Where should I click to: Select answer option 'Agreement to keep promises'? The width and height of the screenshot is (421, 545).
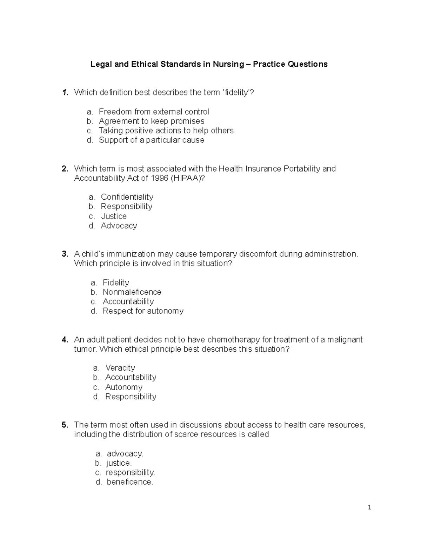click(151, 121)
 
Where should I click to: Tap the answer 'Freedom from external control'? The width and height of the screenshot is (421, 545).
click(154, 112)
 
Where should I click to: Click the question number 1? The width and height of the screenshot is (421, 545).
click(65, 93)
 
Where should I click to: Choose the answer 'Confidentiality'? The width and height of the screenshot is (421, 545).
click(127, 197)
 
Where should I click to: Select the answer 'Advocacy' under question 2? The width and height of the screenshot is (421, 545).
click(119, 226)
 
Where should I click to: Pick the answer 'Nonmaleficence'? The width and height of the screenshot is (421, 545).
click(132, 292)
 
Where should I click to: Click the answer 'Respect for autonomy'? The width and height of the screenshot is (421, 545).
click(143, 311)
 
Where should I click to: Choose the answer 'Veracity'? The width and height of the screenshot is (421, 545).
click(120, 368)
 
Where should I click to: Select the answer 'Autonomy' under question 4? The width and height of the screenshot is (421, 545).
click(124, 387)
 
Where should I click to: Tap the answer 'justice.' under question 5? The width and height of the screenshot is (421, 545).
click(119, 463)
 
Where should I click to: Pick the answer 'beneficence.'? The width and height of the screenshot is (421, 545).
click(130, 482)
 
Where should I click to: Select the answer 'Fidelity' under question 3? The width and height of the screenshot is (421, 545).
click(116, 283)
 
